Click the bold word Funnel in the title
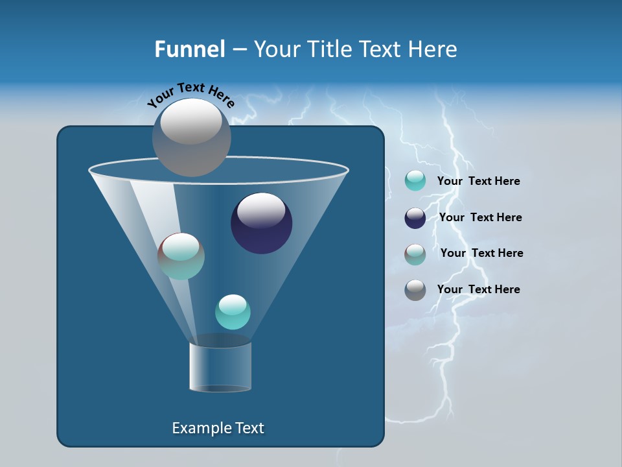point(190,49)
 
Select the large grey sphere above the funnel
point(192,137)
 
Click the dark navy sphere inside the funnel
point(262,224)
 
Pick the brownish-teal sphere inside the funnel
point(181,256)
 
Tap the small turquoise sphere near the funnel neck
point(233,312)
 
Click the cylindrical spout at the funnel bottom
point(220,367)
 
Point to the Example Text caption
point(218,428)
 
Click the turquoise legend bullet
point(415,181)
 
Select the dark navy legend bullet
point(415,218)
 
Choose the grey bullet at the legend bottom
point(415,290)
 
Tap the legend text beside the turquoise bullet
point(478,182)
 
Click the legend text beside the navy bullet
point(480,218)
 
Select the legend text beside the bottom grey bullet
point(478,289)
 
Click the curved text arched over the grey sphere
point(190,94)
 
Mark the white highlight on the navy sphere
point(261,210)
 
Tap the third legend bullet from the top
point(415,254)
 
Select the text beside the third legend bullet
point(481,254)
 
